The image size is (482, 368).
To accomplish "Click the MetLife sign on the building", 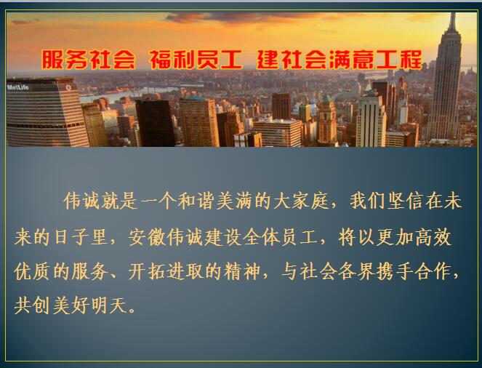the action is pos(18,87).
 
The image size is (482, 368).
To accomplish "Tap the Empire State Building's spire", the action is pos(452,22).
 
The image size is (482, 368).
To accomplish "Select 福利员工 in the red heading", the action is pos(196,60).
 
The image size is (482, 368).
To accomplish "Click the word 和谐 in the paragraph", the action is pos(197,201).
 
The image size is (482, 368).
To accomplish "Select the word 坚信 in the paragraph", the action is pos(405,201).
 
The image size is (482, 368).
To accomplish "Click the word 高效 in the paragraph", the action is pos(433,237).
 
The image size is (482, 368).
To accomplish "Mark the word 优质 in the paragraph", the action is pos(32,271).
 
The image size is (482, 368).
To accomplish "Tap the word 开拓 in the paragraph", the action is pos(147,271).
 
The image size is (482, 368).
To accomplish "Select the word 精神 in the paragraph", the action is pos(242,271).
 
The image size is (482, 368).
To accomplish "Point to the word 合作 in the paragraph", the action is pos(433,271).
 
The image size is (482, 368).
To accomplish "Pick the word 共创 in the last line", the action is pos(32,305).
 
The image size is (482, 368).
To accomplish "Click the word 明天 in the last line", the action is pos(108,305).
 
